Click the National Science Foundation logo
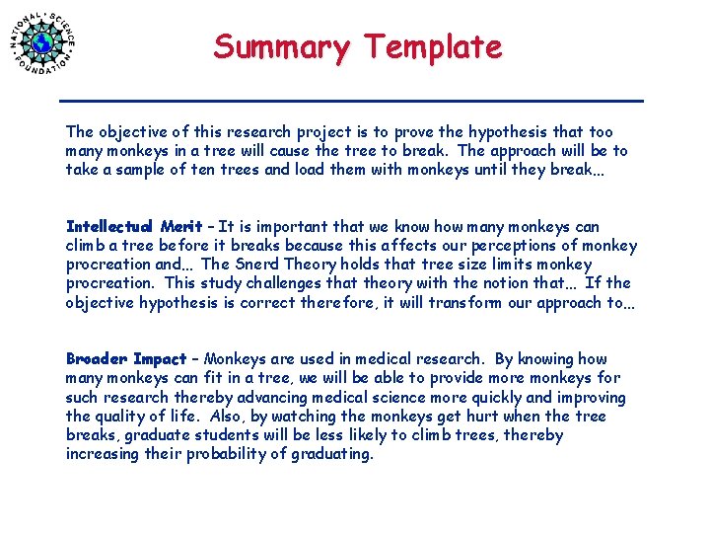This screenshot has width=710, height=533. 43,42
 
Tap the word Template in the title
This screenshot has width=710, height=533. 433,46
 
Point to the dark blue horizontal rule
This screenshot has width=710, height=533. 351,101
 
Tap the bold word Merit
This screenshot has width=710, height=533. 180,227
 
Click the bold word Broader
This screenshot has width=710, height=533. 97,359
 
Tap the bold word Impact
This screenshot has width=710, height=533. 160,359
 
